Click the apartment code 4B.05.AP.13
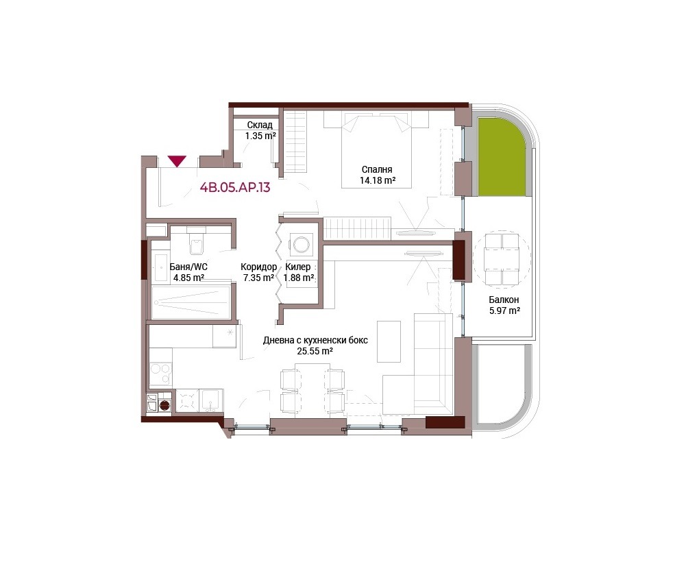(x=235, y=187)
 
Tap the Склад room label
(x=260, y=125)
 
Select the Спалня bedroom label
(x=377, y=169)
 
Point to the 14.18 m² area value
(x=378, y=180)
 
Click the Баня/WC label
(x=188, y=267)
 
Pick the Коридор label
(x=258, y=267)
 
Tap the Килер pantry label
(x=298, y=267)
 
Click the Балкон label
(x=504, y=300)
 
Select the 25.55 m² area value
(x=315, y=351)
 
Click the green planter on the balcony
(x=502, y=157)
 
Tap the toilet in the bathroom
(x=196, y=241)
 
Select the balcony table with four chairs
(x=502, y=259)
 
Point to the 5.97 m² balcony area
(x=504, y=311)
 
